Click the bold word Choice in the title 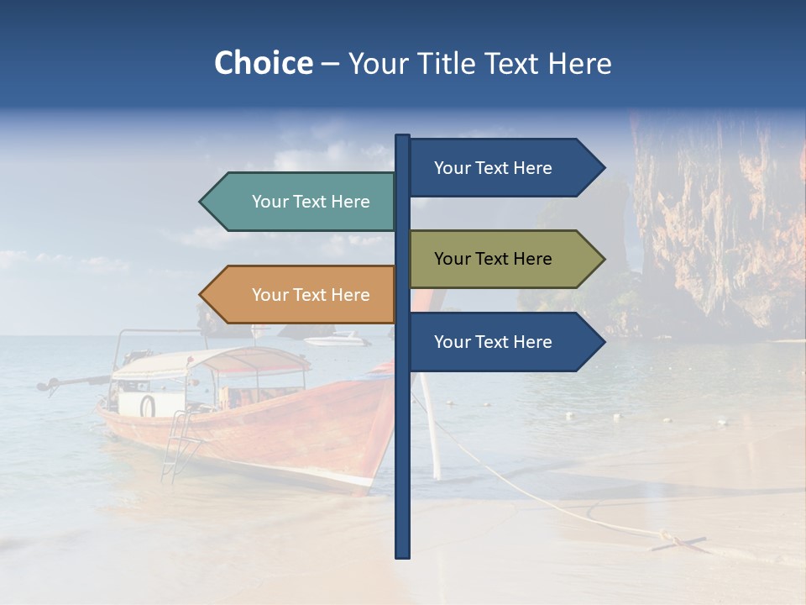[x=263, y=63]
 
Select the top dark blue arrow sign [x=504, y=168]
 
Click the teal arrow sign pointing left [x=302, y=202]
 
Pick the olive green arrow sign [x=504, y=259]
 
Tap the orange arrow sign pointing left [x=302, y=295]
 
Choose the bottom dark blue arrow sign [x=504, y=342]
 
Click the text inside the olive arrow [x=493, y=259]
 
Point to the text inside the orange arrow [x=311, y=295]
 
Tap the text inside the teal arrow [x=311, y=202]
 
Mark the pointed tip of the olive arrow [x=603, y=259]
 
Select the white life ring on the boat [x=148, y=406]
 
